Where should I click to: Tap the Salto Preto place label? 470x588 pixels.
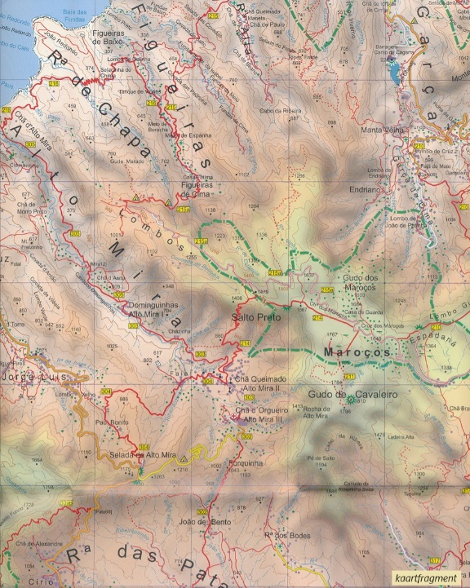[255, 316]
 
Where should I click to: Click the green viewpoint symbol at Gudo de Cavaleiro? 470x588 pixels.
[352, 400]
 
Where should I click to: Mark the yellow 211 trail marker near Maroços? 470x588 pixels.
[348, 376]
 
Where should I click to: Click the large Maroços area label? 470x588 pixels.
[357, 351]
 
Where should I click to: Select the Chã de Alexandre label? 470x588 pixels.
[33, 542]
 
